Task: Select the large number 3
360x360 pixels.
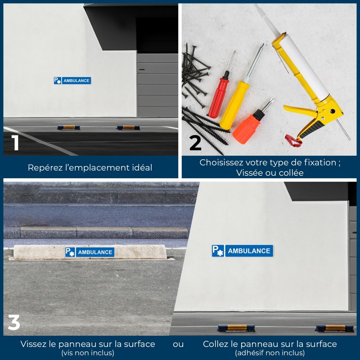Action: (x=14, y=322)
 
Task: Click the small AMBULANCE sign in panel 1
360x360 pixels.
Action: (x=72, y=81)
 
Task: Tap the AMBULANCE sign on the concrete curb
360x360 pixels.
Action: (x=90, y=252)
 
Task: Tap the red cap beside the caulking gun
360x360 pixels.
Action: (x=292, y=140)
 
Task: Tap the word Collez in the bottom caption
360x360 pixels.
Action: (x=216, y=344)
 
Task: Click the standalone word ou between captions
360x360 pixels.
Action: (x=178, y=344)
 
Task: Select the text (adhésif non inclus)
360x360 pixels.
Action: (x=270, y=353)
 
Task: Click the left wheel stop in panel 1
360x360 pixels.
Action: (x=68, y=127)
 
